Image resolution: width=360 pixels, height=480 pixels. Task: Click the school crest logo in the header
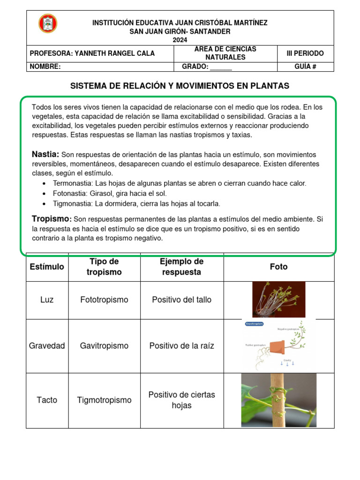coord(48,24)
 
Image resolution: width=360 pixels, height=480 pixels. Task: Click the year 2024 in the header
coord(180,40)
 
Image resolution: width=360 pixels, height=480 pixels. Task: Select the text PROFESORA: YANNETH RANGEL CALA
coord(92,53)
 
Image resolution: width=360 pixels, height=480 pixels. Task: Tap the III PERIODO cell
coord(305,53)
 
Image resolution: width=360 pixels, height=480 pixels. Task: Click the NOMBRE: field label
coord(45,67)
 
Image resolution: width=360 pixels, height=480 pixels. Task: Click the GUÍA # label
coord(305,67)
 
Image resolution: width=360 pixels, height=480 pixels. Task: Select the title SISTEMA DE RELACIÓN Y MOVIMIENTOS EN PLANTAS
coord(180,86)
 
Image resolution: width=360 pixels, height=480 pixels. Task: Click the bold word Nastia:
coord(45,154)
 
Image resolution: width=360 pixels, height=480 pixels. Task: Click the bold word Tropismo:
coord(52,219)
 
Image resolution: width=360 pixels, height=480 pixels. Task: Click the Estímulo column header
coord(47,267)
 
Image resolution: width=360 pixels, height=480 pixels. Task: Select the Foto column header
coord(279,267)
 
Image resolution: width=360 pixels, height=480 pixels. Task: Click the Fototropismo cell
coord(104,300)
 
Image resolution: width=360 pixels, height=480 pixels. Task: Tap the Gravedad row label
coord(47,346)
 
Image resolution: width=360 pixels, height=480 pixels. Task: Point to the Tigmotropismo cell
coord(104,400)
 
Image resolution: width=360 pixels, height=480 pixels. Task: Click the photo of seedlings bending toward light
coord(278,300)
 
